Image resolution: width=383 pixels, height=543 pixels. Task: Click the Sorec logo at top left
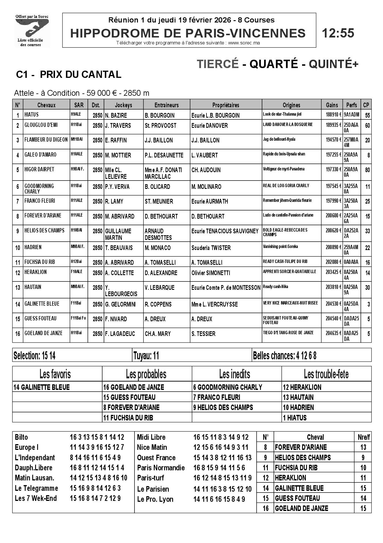32,30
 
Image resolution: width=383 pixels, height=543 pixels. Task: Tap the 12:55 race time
338,33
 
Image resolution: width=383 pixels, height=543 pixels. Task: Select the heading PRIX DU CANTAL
80,74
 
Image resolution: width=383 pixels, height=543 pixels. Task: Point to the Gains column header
332,105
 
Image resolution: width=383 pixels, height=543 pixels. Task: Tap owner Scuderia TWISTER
211,248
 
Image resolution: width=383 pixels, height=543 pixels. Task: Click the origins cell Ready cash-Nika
275,287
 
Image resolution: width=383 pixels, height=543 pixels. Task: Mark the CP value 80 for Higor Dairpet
367,170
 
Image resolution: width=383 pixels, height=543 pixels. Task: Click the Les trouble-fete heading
326,374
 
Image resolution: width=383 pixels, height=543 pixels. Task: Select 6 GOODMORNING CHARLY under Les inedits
227,387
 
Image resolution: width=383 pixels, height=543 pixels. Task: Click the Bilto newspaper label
21,437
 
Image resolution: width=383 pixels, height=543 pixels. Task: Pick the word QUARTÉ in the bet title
273,64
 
